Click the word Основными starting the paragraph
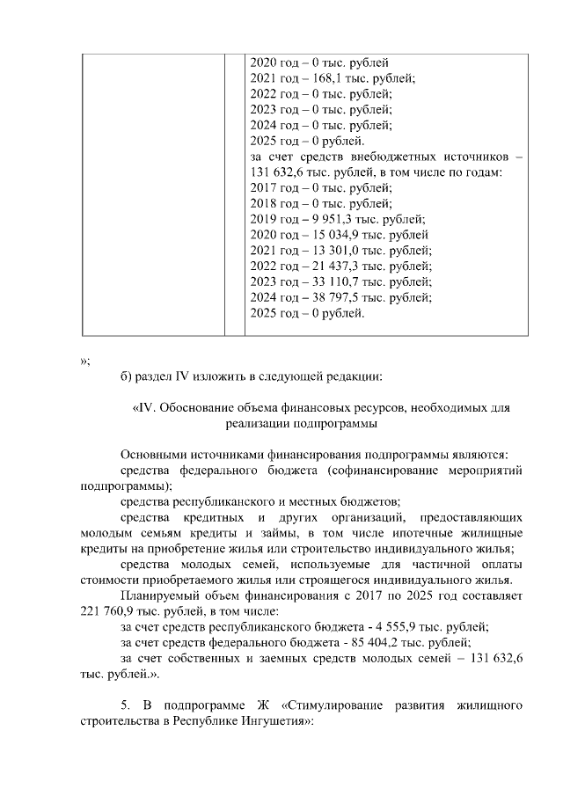click(151, 454)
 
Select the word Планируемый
click(159, 597)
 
